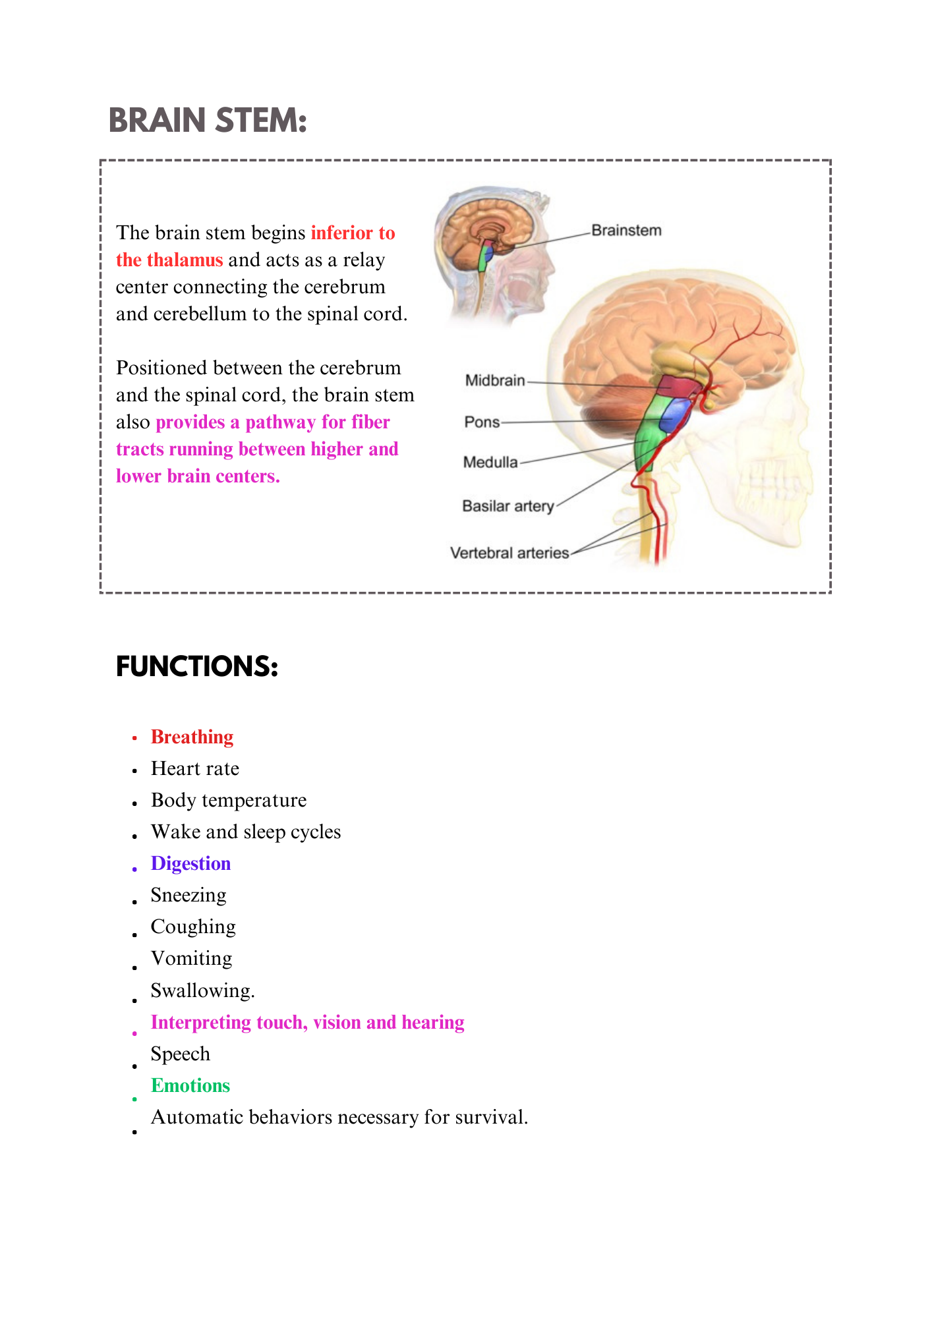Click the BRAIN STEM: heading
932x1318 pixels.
[x=208, y=121]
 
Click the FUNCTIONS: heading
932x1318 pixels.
[x=197, y=666]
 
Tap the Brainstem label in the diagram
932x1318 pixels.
[x=626, y=231]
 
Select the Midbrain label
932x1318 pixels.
[x=495, y=380]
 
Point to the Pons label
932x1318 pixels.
[x=482, y=422]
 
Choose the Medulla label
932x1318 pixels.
[x=490, y=462]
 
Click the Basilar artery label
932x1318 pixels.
[x=508, y=506]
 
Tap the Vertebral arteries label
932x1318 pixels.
[x=510, y=553]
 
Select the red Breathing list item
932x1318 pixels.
[x=192, y=737]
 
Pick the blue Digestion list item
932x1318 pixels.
[x=190, y=863]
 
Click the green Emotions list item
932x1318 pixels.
[x=190, y=1085]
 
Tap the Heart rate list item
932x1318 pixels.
[x=195, y=768]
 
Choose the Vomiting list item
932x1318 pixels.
[x=191, y=958]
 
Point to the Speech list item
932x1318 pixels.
[x=181, y=1054]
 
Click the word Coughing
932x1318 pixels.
[x=193, y=927]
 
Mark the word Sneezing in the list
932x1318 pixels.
[x=189, y=895]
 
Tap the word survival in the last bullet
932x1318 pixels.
[x=495, y=1117]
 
